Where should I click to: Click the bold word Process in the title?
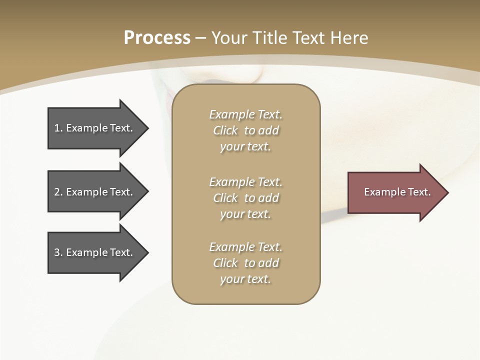point(157,38)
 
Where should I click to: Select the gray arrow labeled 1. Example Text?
point(95,128)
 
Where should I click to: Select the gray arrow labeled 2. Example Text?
point(95,192)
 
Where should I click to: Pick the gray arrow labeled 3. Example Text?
point(95,252)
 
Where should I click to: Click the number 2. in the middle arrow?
point(58,192)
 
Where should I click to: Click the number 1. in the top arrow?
point(58,128)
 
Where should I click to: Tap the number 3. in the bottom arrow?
point(58,252)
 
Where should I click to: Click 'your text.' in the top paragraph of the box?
point(245,147)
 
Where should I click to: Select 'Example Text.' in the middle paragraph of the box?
point(245,182)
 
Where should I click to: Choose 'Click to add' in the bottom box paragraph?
point(245,263)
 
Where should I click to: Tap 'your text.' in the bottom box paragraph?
point(245,279)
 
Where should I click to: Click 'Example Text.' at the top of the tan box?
point(245,114)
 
